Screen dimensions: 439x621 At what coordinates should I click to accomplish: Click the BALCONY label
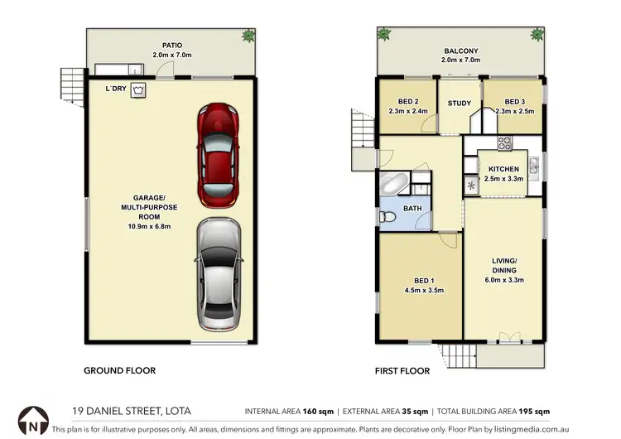pyautogui.click(x=460, y=51)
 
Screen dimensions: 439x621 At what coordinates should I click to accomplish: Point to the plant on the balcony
pyautogui.click(x=383, y=34)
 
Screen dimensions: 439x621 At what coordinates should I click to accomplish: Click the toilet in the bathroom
pyautogui.click(x=388, y=217)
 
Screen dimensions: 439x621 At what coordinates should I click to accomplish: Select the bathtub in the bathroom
pyautogui.click(x=395, y=185)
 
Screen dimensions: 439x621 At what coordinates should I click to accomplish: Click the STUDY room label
pyautogui.click(x=459, y=104)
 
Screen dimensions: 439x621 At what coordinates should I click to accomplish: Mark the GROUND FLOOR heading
pyautogui.click(x=120, y=371)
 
